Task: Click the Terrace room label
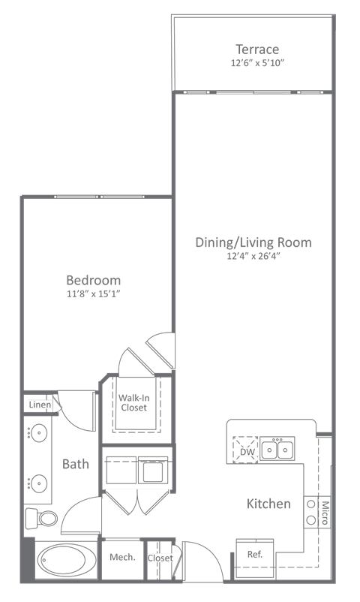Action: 256,50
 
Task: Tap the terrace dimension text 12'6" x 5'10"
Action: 256,63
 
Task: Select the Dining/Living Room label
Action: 253,242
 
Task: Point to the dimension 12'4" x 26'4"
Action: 253,256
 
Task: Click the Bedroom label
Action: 93,280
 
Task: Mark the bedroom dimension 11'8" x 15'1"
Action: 93,293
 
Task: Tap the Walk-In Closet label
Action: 132,402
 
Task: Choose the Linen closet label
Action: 39,405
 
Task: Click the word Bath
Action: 75,464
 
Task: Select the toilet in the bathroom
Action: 41,518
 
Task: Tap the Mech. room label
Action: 121,557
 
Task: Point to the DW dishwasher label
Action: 245,452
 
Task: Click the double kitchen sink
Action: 277,450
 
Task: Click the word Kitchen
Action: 268,504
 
